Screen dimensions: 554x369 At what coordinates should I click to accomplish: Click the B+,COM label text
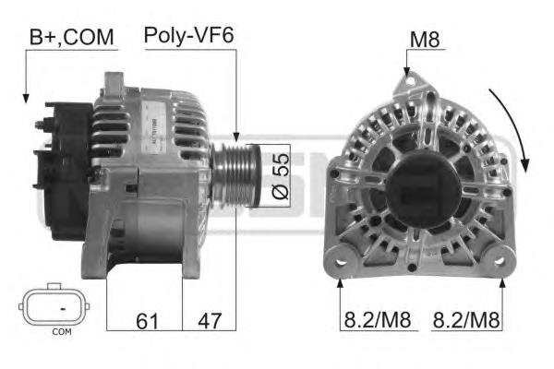72,37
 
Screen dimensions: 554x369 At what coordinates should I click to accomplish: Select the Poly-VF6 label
189,35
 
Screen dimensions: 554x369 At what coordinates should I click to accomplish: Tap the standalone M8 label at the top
425,39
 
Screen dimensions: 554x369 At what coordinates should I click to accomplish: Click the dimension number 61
148,321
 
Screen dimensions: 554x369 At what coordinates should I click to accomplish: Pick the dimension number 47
210,321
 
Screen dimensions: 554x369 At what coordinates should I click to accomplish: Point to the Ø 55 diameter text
281,176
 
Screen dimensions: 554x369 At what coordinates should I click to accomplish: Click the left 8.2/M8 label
378,320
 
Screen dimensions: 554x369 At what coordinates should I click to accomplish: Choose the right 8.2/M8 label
466,320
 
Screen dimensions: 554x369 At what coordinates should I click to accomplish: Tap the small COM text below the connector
62,331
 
